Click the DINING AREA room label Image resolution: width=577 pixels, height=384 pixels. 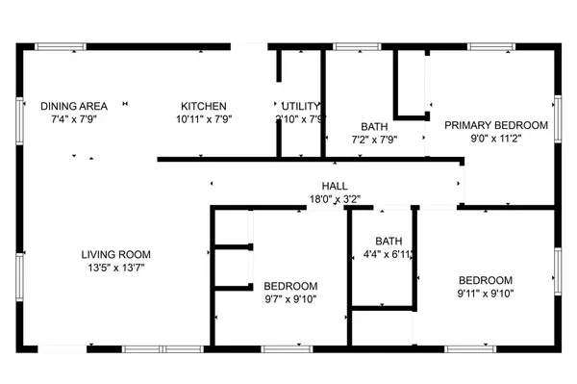[x=74, y=105]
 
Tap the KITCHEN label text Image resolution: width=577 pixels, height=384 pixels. [x=204, y=106]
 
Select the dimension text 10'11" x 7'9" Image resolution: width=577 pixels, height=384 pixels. [x=204, y=119]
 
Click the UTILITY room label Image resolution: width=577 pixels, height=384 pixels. [x=301, y=106]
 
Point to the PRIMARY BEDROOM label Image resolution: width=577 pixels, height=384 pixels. [x=495, y=125]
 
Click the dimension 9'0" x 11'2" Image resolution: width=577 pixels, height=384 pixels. [x=495, y=139]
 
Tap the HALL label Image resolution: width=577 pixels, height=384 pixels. [x=335, y=186]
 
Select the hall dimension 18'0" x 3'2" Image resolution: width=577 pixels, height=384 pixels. [x=335, y=199]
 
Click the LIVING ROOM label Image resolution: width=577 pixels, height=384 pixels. [x=115, y=254]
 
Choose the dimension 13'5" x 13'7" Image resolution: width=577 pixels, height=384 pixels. [x=115, y=269]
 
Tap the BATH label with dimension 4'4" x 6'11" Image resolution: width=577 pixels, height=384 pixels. [x=389, y=241]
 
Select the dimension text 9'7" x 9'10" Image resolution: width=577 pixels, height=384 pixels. [x=290, y=299]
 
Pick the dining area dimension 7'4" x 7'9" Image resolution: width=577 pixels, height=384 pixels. [x=74, y=119]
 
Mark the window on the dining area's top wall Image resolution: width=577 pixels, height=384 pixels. [x=63, y=45]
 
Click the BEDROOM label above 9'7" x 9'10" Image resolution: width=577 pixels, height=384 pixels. [x=290, y=286]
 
